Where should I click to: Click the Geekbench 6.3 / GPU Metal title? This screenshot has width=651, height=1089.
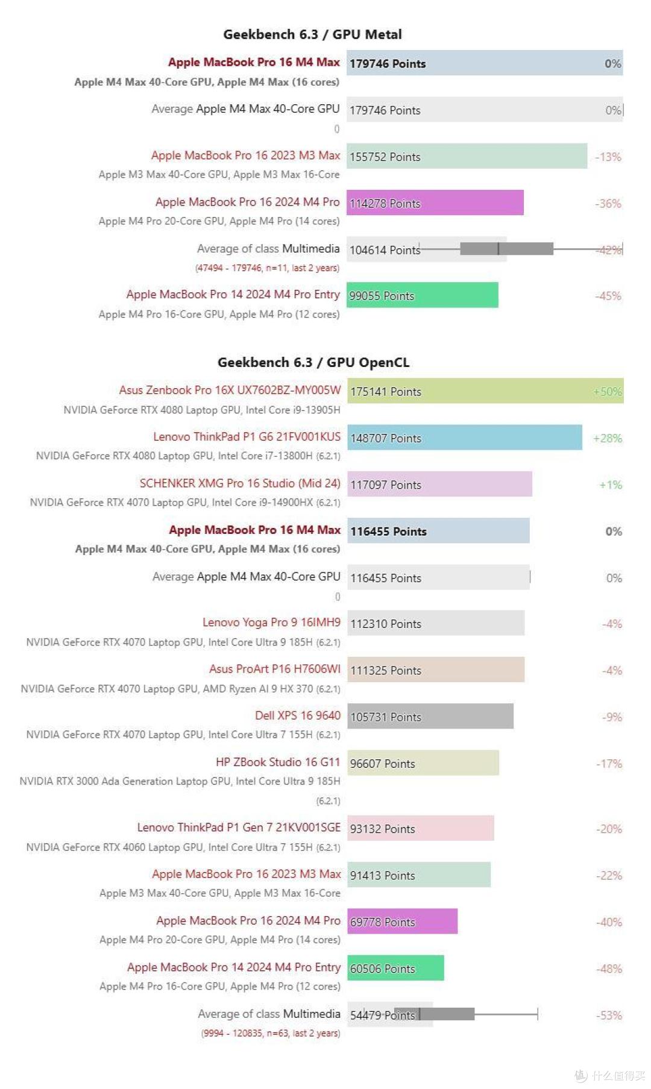tap(312, 34)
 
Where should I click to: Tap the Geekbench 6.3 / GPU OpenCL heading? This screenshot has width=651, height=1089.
tap(313, 362)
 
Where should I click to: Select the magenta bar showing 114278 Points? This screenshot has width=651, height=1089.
tap(435, 203)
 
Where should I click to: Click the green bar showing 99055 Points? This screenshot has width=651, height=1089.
tap(422, 295)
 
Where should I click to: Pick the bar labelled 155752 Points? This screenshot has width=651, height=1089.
tap(467, 157)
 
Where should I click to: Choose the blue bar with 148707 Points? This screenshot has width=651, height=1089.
tap(464, 438)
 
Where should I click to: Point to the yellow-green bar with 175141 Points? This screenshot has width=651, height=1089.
tap(485, 391)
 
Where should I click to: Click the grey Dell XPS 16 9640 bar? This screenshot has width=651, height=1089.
tap(430, 717)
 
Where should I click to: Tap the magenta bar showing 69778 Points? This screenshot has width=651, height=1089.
tap(402, 921)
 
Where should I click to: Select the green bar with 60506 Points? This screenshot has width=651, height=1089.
tap(395, 968)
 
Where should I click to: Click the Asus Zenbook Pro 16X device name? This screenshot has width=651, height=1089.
tap(230, 390)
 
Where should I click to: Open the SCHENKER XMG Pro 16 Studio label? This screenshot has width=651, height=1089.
tap(240, 483)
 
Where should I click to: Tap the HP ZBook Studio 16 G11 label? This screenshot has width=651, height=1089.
tap(278, 762)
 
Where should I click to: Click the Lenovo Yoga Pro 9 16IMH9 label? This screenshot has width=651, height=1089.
tap(271, 622)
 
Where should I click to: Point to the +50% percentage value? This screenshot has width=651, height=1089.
tap(607, 392)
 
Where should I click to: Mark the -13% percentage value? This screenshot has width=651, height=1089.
tap(608, 157)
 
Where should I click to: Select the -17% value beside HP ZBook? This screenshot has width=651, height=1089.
tap(609, 764)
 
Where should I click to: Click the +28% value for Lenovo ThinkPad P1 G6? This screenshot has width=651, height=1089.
tap(607, 438)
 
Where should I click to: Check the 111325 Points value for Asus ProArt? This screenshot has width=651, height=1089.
tap(386, 670)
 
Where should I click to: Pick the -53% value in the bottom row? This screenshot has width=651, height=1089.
tap(609, 1015)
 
